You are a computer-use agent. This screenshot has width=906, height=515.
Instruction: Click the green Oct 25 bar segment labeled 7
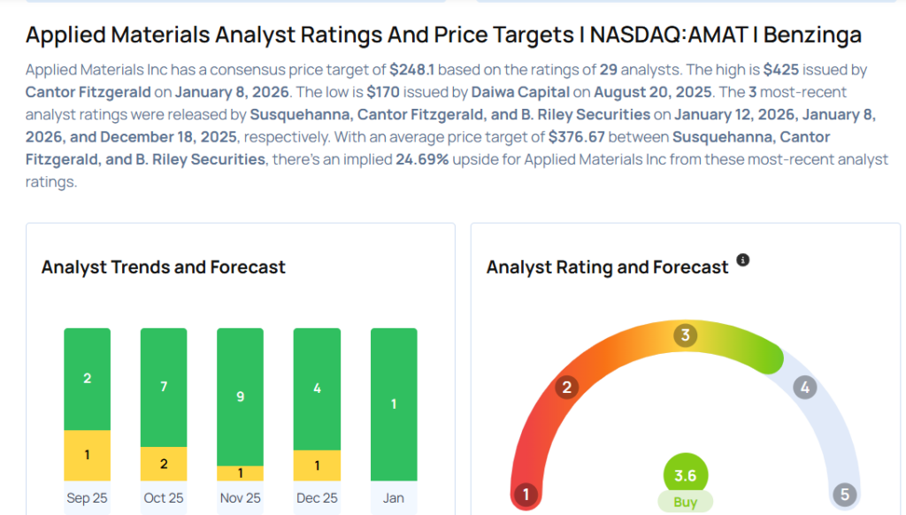coord(164,388)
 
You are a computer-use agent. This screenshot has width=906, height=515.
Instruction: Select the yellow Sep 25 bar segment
coord(87,455)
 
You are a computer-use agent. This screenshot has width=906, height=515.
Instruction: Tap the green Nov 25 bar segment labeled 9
coord(240,396)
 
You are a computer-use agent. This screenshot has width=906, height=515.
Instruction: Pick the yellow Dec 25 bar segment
coord(317,465)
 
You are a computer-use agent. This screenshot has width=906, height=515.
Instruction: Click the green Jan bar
coord(394,404)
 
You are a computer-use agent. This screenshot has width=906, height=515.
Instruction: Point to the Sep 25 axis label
coord(87,498)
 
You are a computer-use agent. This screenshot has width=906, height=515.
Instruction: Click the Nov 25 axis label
coord(240,498)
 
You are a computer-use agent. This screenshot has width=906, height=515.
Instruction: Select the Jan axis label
coord(394,498)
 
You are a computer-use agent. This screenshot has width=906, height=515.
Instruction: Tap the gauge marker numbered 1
coord(526,494)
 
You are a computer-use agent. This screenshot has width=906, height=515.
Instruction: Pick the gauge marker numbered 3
coord(685,335)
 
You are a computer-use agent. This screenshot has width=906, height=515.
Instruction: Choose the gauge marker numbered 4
coord(804,387)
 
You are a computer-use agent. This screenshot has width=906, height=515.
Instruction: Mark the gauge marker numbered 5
coord(843,494)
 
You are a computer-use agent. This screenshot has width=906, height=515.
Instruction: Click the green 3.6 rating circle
coord(686,476)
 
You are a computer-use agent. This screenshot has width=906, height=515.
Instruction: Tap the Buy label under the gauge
coord(686,502)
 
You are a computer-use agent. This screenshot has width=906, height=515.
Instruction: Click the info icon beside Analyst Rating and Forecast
coord(743,260)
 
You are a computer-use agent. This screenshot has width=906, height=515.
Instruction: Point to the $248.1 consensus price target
coord(413,70)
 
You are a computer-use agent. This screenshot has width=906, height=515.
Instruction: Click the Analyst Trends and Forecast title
coord(164,266)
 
